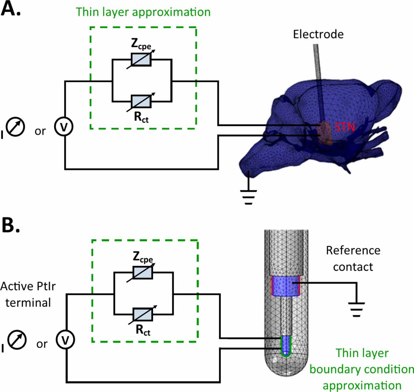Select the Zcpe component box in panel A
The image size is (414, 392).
pyautogui.click(x=141, y=60)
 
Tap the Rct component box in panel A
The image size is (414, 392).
pyautogui.click(x=141, y=100)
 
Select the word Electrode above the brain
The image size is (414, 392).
pyautogui.click(x=318, y=34)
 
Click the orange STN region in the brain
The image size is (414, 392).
pyautogui.click(x=325, y=133)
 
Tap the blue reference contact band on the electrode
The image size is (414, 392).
pyautogui.click(x=286, y=286)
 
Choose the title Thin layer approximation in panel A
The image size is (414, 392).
pyautogui.click(x=143, y=12)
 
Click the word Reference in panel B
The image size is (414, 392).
pyautogui.click(x=353, y=250)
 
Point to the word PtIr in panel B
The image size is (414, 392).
pyautogui.click(x=40, y=286)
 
